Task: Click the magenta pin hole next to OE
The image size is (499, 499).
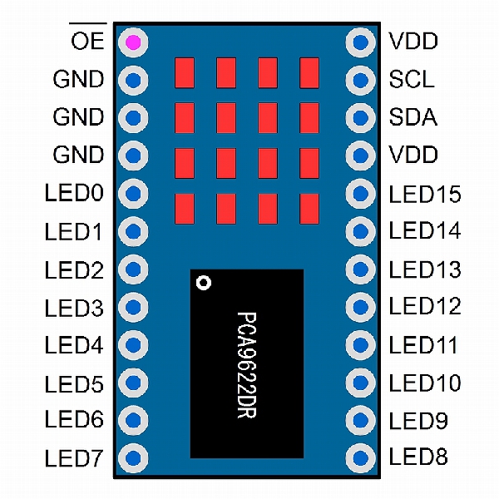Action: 133,41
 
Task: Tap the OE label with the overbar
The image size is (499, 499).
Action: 86,40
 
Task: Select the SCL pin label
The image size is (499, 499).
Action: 411,80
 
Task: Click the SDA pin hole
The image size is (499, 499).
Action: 361,117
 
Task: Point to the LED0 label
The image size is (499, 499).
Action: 74,194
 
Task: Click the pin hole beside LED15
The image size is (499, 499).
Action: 361,194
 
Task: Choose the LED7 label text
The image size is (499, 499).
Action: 74,457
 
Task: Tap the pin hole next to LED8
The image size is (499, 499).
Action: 361,457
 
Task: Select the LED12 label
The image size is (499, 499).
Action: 424,306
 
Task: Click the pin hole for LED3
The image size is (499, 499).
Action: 133,307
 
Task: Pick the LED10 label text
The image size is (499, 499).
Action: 424,383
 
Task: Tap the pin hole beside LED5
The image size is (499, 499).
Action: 133,383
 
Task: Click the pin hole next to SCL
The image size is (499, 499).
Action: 361,80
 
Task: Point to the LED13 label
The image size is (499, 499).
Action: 424,269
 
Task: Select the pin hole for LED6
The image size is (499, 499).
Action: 133,419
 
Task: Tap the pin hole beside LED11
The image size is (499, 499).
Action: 361,343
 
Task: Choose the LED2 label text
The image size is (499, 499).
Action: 74,269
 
